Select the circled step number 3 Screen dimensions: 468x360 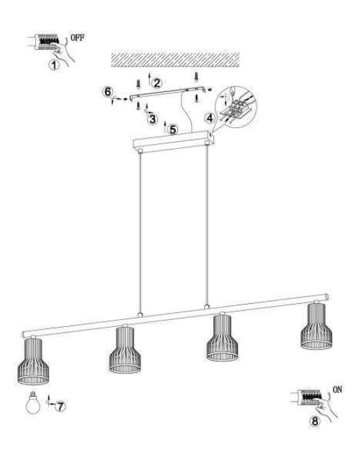click(x=152, y=118)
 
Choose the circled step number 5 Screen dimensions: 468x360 click(x=172, y=129)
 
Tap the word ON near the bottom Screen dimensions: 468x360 click(x=337, y=390)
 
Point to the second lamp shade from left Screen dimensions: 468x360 click(x=125, y=351)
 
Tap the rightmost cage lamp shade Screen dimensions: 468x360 click(x=315, y=325)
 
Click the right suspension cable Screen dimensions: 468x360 click(x=206, y=228)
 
